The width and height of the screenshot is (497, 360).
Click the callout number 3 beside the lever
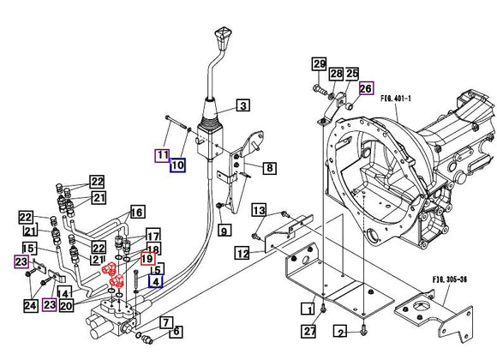243,106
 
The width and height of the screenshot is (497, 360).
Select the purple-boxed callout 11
162,155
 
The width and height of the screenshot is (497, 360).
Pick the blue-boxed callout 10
178,165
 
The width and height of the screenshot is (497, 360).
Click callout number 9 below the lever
224,230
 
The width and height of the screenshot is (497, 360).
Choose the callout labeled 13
260,211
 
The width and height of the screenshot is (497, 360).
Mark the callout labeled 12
243,253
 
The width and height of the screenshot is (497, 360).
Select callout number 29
319,64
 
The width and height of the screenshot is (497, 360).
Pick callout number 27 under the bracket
308,331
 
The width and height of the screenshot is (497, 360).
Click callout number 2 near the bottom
340,332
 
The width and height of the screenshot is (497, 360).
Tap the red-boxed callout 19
147,259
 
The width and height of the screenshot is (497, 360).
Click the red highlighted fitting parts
112,273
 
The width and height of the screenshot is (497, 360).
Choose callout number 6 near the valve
177,332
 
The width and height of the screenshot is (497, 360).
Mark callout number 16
137,212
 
